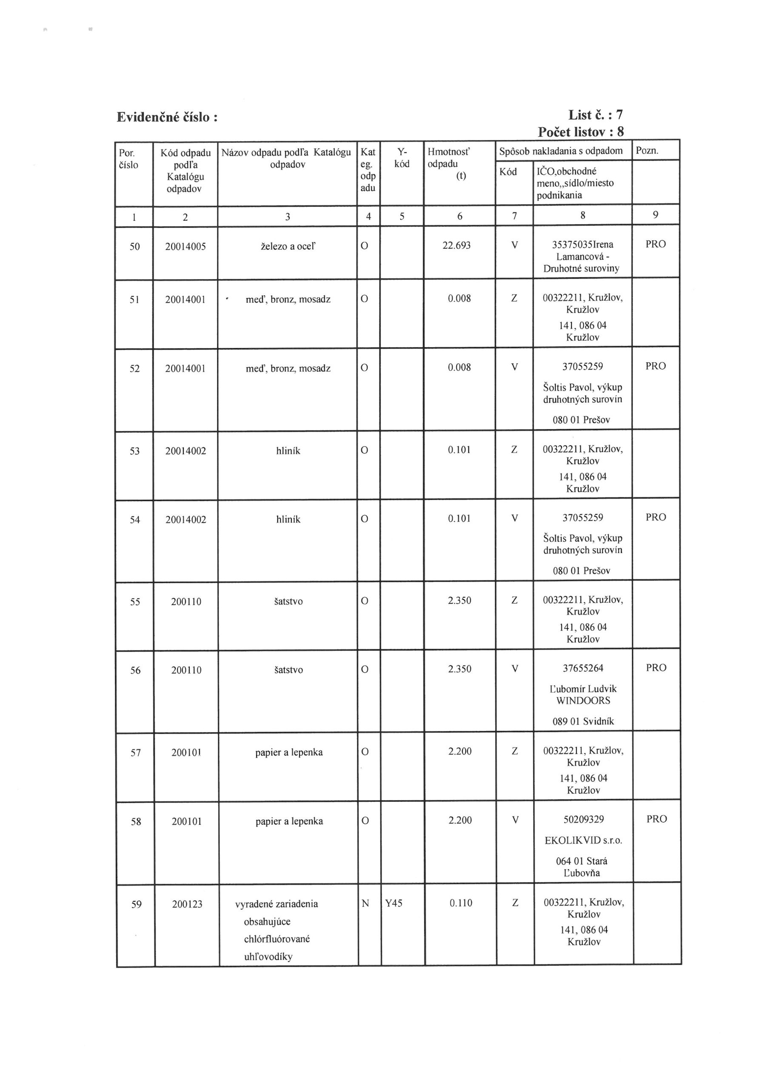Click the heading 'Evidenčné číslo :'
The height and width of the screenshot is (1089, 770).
click(x=167, y=117)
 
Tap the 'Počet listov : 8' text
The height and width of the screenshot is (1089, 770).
click(x=580, y=132)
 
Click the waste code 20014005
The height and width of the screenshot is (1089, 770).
click(x=185, y=247)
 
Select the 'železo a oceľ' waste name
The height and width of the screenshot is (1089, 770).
click(x=288, y=247)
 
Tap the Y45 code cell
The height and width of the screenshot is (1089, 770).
click(x=394, y=903)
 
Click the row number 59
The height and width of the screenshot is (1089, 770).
click(x=136, y=904)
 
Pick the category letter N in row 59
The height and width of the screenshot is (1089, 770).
click(x=365, y=904)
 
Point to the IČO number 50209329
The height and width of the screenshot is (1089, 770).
click(x=583, y=819)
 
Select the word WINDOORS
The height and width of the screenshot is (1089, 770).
click(x=583, y=701)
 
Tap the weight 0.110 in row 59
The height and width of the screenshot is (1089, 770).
click(x=461, y=903)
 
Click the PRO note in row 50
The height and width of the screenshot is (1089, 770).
click(x=655, y=244)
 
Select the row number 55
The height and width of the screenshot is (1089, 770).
click(x=135, y=602)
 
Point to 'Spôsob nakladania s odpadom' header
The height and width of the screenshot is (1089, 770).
click(x=561, y=151)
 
